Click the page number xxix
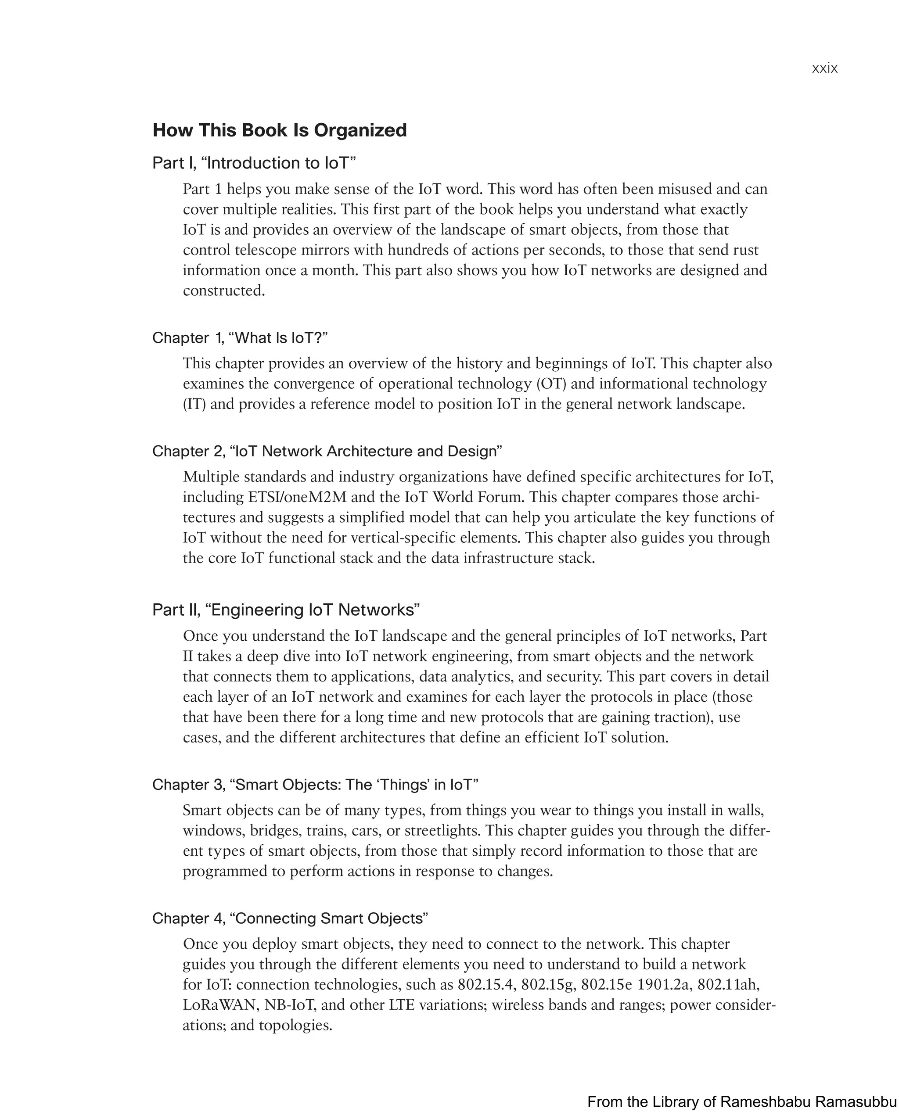coord(824,68)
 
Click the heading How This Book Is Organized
coord(280,130)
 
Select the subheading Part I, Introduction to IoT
coord(254,163)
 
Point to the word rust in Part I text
coord(746,250)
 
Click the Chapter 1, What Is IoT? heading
coord(240,338)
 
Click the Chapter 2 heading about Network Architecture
coord(327,452)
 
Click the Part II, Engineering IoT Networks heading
coord(285,610)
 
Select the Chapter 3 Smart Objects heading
coord(315,785)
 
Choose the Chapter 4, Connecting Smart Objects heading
coord(290,918)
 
